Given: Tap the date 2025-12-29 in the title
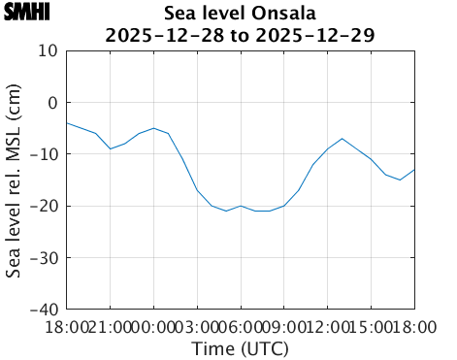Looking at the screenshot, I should point(324,35).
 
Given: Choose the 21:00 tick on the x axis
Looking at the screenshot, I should point(110,327).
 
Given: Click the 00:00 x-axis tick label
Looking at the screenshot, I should point(153,327).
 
